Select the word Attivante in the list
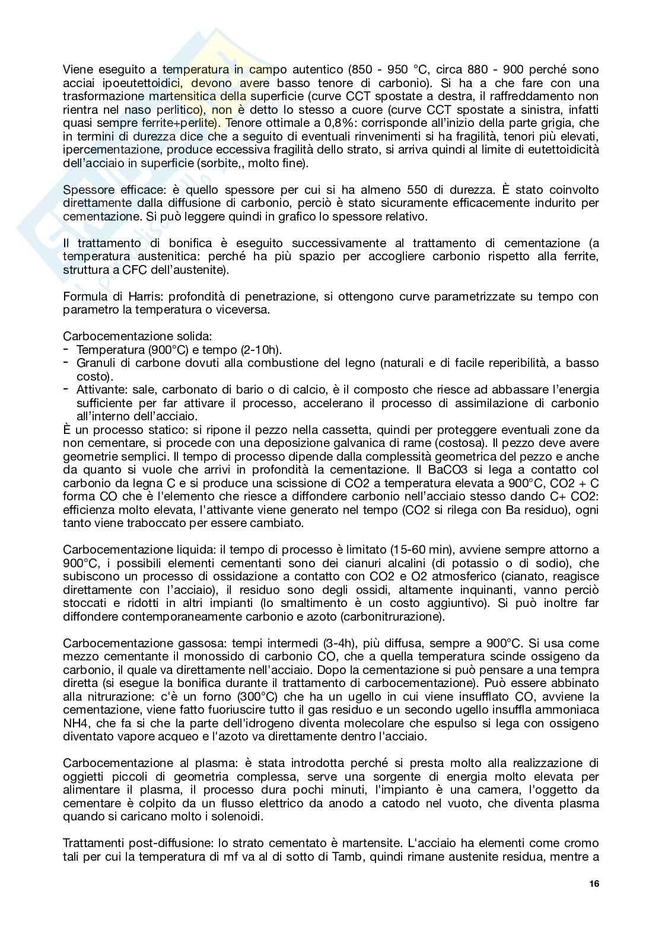coord(99,389)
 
